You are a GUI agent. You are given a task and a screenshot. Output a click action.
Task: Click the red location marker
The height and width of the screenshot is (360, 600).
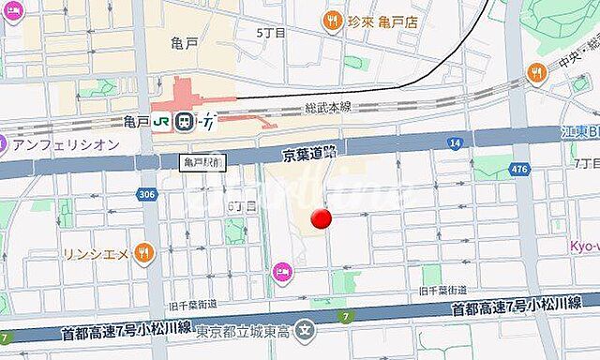pos(322,219)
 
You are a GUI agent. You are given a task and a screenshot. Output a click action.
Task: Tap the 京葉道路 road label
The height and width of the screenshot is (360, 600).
pos(310,150)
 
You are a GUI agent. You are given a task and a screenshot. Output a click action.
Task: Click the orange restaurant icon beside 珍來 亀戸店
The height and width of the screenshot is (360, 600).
pos(331,20)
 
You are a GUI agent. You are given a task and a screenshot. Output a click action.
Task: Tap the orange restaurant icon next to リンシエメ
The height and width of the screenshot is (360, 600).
pos(142,251)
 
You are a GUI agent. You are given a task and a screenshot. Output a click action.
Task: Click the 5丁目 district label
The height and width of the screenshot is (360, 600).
pos(271,32)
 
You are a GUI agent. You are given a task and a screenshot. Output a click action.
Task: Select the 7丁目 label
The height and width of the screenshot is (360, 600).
pos(586,162)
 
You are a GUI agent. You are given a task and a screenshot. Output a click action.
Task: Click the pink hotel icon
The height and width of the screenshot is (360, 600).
pos(281,272)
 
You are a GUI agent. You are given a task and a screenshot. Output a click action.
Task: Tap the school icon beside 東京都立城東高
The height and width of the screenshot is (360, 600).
pos(304,330)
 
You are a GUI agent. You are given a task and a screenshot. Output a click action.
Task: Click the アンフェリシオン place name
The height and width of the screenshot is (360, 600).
pos(65,144)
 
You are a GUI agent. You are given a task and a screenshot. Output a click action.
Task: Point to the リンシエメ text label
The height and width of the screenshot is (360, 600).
pos(96,251)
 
